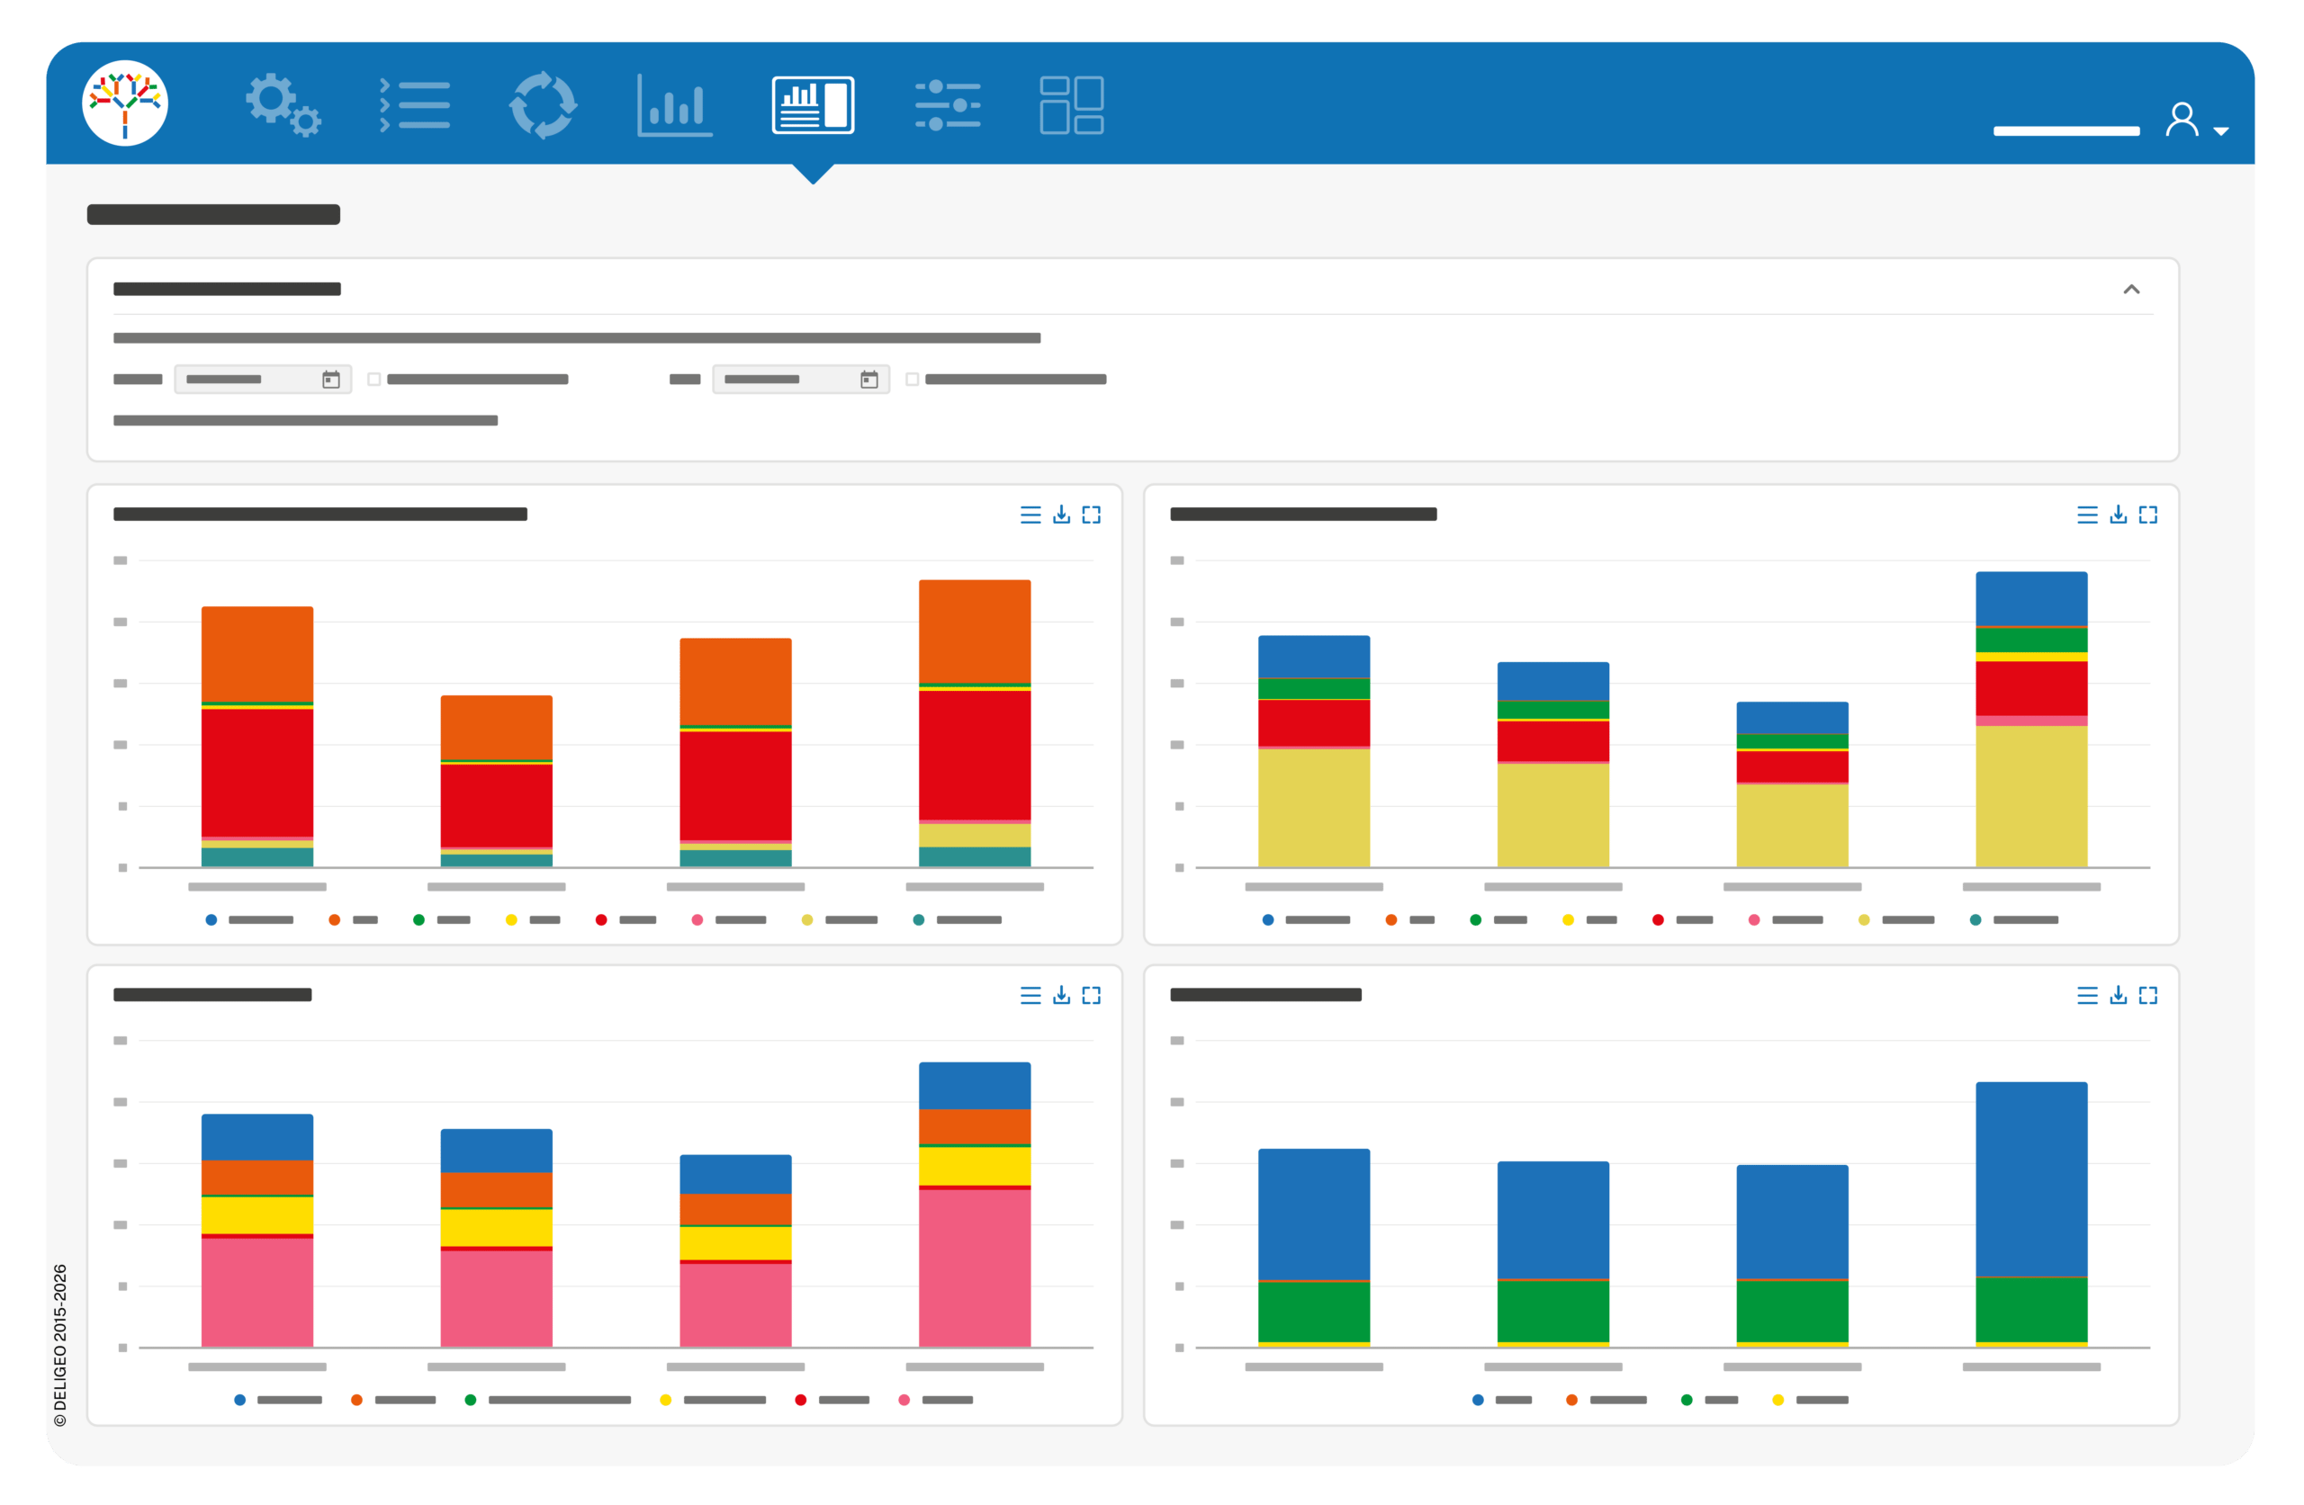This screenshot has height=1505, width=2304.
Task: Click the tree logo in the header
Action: click(x=125, y=103)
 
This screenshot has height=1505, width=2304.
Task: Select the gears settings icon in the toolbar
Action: click(x=283, y=104)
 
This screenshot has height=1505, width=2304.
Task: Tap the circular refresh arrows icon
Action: click(x=543, y=104)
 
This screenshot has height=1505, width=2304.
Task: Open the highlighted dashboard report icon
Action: click(x=814, y=104)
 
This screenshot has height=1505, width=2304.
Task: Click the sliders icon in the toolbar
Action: click(x=948, y=104)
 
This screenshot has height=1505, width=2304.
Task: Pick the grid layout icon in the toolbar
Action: click(x=1072, y=104)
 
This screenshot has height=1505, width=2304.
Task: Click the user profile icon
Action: click(x=2182, y=119)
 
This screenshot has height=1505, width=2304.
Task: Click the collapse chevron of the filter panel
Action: click(x=2132, y=290)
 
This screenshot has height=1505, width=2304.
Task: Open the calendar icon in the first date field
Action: click(x=331, y=380)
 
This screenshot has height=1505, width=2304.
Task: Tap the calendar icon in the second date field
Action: click(x=869, y=380)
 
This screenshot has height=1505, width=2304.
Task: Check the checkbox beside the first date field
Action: click(x=373, y=380)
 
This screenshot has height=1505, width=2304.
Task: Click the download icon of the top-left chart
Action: click(x=1062, y=514)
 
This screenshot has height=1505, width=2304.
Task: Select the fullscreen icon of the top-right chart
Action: click(x=2148, y=514)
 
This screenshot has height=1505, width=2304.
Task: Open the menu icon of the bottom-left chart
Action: click(x=1031, y=995)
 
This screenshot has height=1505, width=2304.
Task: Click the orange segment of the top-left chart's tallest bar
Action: click(x=975, y=631)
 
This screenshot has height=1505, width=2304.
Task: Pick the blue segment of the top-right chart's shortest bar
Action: click(x=1792, y=717)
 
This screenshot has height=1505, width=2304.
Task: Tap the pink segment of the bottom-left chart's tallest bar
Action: click(x=975, y=1268)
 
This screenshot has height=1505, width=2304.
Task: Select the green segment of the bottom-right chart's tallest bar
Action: click(x=2031, y=1310)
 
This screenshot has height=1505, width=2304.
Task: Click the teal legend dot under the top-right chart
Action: click(x=1975, y=919)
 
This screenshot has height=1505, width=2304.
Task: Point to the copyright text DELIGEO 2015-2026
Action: click(x=60, y=1344)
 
